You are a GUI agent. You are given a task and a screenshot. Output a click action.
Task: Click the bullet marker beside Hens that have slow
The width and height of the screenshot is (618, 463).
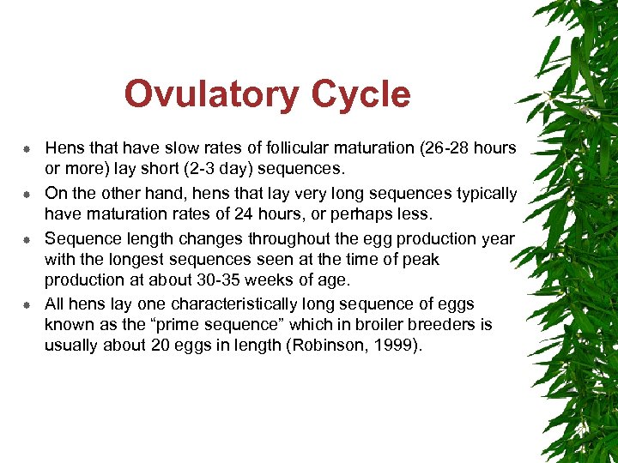click(27, 149)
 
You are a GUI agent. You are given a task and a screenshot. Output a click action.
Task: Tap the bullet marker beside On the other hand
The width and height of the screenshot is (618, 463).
click(27, 195)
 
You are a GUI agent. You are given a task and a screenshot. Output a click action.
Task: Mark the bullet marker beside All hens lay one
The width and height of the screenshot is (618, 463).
click(27, 305)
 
